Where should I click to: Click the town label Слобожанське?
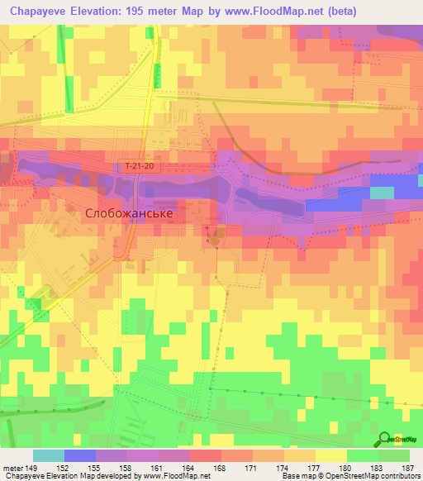pos(129,212)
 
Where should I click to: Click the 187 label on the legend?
pos(407,468)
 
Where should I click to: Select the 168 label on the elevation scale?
pos(219,468)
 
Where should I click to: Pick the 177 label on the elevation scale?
pos(313,468)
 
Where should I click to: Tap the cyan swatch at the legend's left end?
pos(49,455)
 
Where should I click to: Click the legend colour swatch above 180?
pos(331,455)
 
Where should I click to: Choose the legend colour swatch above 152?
pos(80,455)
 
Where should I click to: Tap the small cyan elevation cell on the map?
pos(382,193)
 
